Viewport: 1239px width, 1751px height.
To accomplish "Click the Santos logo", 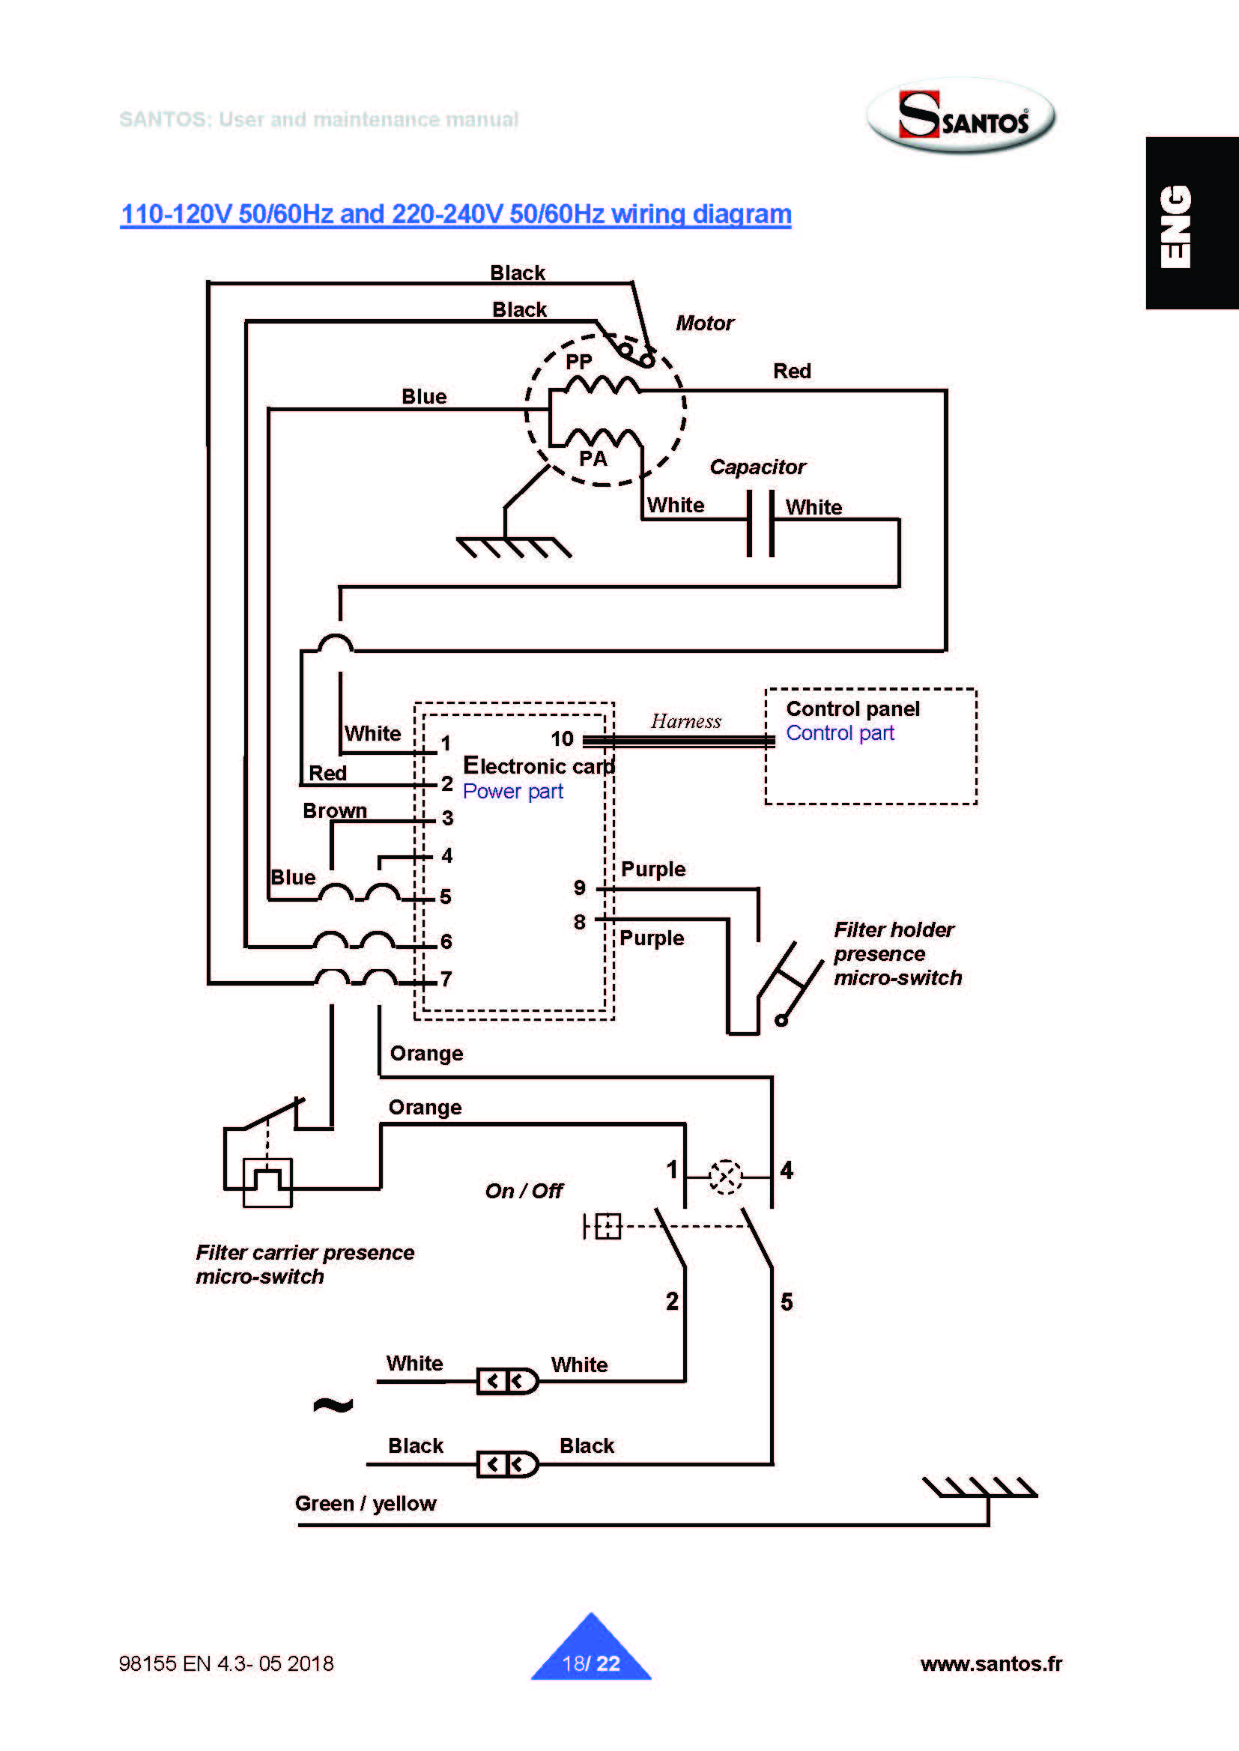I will (961, 116).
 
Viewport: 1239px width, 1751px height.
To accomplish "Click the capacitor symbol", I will (760, 523).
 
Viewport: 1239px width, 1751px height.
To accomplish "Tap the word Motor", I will (704, 324).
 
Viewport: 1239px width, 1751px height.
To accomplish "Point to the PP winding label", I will (578, 361).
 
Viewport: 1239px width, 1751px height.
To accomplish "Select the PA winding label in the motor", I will (593, 458).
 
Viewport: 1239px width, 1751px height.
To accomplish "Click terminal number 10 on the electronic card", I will (563, 738).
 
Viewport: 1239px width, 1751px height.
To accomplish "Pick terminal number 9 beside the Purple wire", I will (580, 887).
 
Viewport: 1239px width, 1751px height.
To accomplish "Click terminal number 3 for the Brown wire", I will (447, 818).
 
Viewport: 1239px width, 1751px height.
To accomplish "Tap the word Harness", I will (686, 721).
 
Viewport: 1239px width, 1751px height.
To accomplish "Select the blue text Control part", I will (840, 733).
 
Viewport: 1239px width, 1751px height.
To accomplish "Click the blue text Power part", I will (512, 791).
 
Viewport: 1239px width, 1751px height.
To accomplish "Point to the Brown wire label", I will (335, 810).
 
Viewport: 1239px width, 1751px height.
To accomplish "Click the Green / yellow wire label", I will (366, 1503).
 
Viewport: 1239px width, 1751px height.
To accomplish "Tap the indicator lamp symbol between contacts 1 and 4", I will (725, 1177).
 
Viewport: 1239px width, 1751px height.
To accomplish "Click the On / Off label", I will (524, 1191).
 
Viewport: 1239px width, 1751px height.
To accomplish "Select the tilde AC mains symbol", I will (333, 1404).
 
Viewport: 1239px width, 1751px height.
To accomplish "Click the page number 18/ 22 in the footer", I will (590, 1663).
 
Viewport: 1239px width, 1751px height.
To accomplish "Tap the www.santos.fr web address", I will (990, 1663).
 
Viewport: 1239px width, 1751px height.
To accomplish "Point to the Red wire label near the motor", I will (792, 371).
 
